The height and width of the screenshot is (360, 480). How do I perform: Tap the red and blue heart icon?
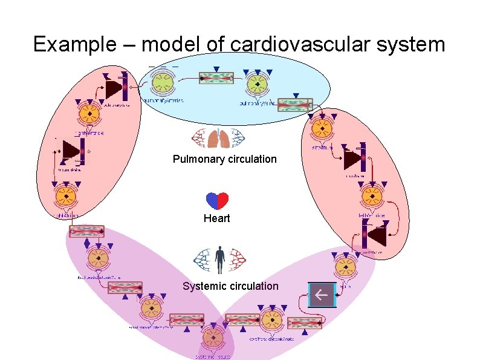click(x=217, y=201)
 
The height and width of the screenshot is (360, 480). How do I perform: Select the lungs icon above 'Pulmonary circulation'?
click(x=217, y=139)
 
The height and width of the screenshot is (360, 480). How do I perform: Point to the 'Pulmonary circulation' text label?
click(x=224, y=159)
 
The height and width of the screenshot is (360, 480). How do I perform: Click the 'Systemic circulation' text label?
click(x=230, y=286)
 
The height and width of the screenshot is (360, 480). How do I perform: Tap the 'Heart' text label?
click(x=216, y=218)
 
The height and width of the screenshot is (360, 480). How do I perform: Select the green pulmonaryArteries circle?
click(x=161, y=84)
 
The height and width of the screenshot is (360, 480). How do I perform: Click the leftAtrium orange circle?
click(x=321, y=128)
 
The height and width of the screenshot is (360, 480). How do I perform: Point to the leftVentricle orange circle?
click(x=371, y=195)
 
